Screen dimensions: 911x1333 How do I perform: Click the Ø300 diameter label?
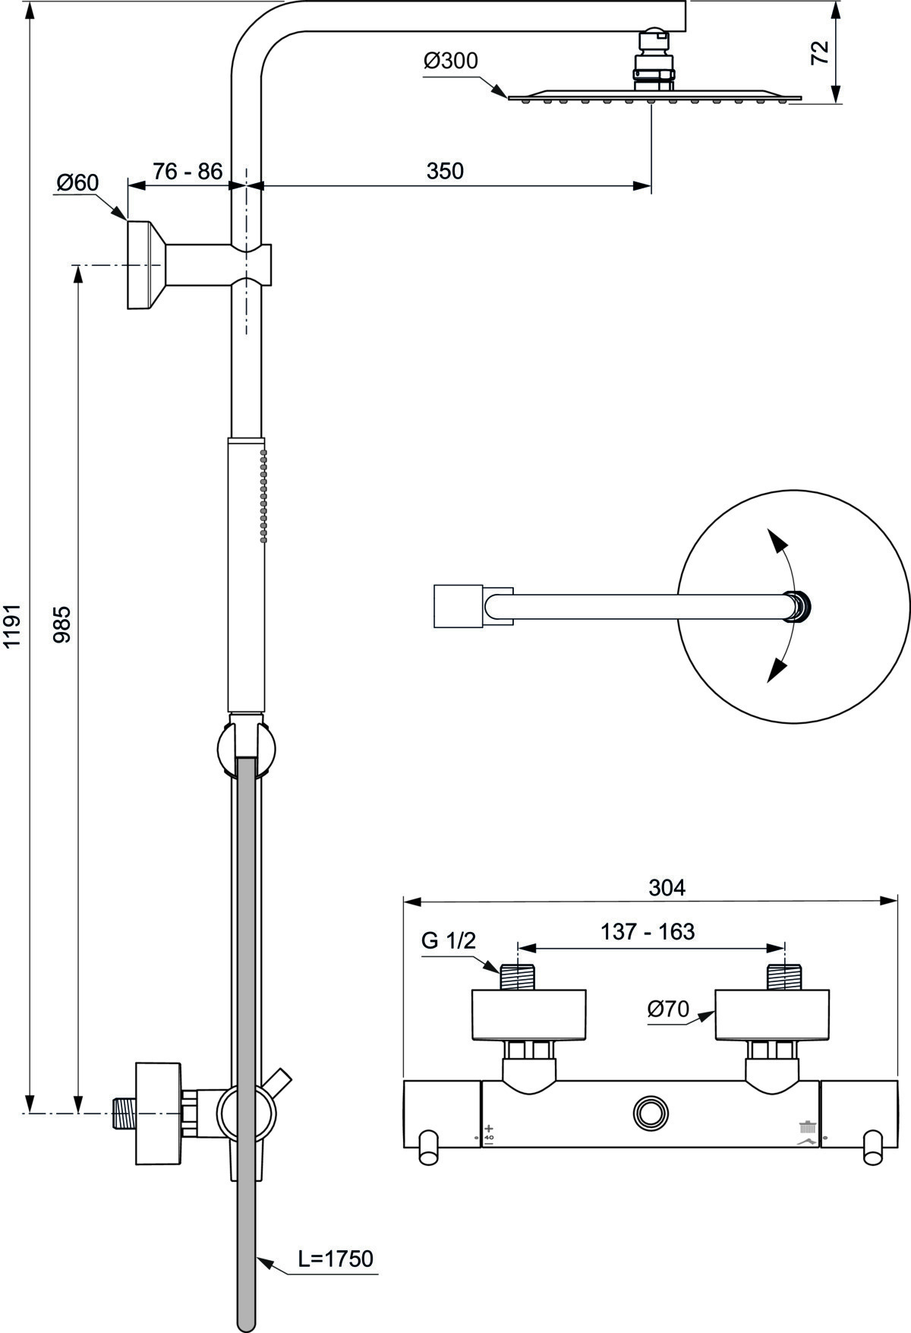pos(451,61)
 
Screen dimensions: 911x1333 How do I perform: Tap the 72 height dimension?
pos(820,52)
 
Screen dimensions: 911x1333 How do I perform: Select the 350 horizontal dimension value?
pos(445,171)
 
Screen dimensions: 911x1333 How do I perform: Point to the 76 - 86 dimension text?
pos(188,171)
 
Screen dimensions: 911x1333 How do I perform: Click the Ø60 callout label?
pos(77,182)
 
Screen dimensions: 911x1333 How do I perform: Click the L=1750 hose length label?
pos(336,1259)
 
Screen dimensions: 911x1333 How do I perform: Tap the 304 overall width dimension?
pos(667,887)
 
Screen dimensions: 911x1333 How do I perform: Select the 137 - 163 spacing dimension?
pos(648,931)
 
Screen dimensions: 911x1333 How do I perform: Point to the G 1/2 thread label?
pos(449,940)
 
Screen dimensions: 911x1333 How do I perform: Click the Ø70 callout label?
pos(668,1009)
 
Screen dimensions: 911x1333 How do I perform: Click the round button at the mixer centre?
pos(651,1113)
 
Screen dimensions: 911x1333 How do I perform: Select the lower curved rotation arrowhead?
pos(776,669)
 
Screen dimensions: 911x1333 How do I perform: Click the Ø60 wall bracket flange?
pos(146,265)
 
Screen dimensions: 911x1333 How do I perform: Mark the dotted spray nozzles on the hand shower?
pos(264,495)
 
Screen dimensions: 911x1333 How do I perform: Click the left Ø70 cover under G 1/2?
pos(529,1015)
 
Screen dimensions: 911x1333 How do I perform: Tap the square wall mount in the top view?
pos(459,606)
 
